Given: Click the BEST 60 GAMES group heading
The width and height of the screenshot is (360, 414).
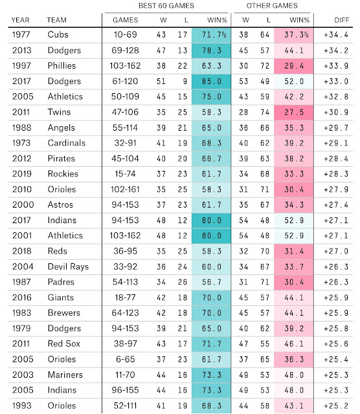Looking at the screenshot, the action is click(x=166, y=6).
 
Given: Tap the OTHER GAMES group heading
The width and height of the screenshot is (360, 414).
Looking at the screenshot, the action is click(x=272, y=6).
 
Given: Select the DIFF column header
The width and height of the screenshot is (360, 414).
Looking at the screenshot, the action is click(x=341, y=20).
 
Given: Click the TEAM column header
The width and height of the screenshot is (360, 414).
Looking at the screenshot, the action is click(x=56, y=20).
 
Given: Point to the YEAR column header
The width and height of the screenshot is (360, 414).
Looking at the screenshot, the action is click(x=20, y=20).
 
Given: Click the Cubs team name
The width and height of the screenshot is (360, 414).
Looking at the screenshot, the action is click(x=58, y=34).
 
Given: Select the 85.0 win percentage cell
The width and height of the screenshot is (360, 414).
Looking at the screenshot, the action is click(x=212, y=82).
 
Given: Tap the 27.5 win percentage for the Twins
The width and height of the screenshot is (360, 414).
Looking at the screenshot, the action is click(x=294, y=112).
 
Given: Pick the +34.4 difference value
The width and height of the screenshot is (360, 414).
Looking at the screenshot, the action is click(x=336, y=34).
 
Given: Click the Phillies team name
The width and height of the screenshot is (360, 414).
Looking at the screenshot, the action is click(x=62, y=66).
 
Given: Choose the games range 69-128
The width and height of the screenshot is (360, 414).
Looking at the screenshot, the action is click(x=125, y=50).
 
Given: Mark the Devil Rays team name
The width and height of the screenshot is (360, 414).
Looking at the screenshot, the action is click(x=68, y=267).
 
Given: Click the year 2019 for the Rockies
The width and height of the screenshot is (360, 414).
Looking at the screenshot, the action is click(x=21, y=174).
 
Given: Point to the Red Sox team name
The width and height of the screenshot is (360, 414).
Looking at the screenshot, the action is click(x=63, y=343).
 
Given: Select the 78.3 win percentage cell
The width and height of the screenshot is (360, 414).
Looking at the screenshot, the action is click(x=212, y=50).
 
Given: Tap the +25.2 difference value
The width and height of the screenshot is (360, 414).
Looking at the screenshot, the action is click(x=336, y=406).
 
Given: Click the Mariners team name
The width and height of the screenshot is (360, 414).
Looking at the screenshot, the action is click(x=65, y=375).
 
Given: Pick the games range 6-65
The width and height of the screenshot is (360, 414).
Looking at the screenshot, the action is click(x=125, y=360).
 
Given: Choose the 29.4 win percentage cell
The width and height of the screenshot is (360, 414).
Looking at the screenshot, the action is click(x=294, y=66).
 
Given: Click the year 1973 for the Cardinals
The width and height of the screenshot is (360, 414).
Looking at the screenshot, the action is click(x=21, y=143).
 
